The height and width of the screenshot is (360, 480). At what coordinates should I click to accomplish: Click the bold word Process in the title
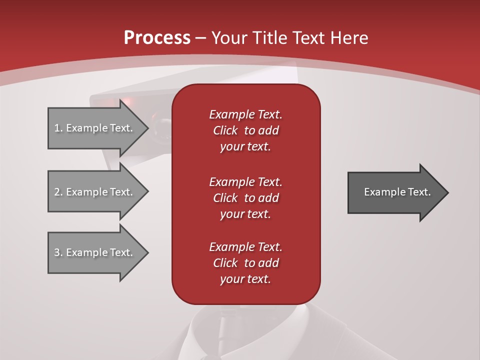tap(157, 38)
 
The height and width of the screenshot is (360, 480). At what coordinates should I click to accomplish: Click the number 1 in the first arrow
tap(57, 128)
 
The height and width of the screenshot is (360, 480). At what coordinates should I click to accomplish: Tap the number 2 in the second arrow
tap(57, 192)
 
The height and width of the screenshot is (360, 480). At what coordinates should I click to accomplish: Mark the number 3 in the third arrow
tap(57, 252)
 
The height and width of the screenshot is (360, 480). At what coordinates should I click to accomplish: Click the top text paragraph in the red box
tap(245, 130)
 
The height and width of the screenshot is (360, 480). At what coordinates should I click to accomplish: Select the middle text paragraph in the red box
tap(245, 198)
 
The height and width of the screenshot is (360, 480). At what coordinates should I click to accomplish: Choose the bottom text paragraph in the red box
tap(245, 263)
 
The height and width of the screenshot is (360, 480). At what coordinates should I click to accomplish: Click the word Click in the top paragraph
tap(225, 130)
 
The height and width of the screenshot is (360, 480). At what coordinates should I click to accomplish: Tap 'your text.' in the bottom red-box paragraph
tap(245, 279)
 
